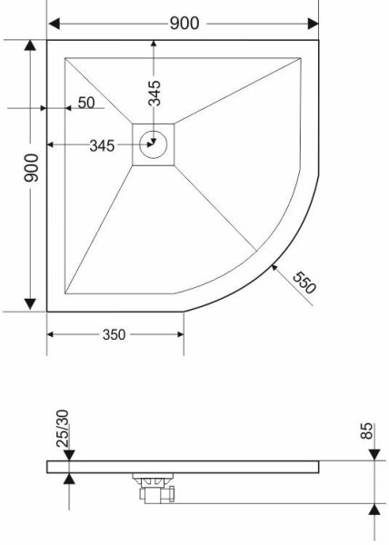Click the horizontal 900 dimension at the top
185,24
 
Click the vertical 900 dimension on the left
32,168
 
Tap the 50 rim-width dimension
86,103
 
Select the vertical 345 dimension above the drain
155,93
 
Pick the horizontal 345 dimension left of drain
102,146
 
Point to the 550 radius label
304,282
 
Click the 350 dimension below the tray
114,334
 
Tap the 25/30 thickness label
63,429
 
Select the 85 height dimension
367,431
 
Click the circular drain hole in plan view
153,144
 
